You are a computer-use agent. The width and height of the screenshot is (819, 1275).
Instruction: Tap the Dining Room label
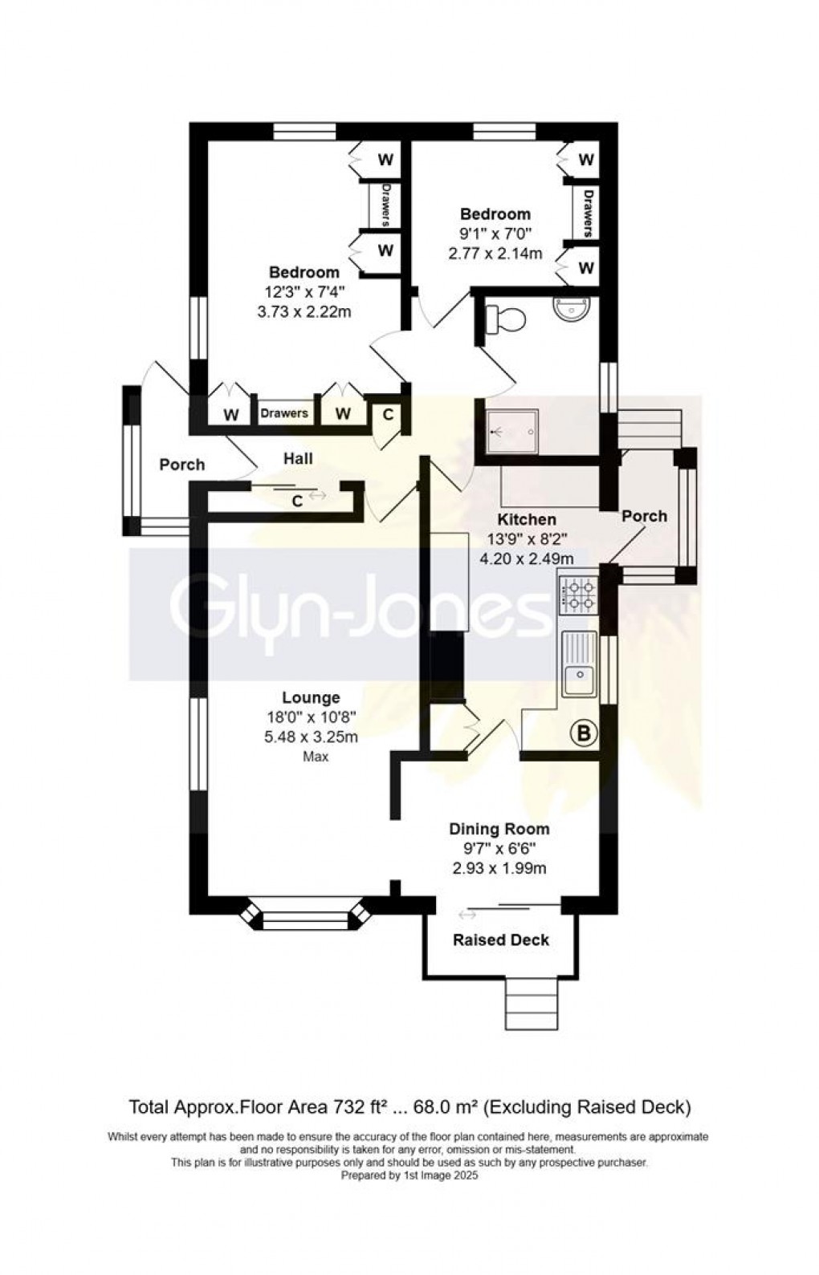pyautogui.click(x=499, y=829)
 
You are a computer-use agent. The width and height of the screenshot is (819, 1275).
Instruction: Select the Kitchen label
pyautogui.click(x=526, y=520)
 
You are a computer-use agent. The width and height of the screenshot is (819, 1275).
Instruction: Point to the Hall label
pyautogui.click(x=297, y=459)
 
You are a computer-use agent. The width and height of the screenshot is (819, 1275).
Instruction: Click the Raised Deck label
pyautogui.click(x=501, y=940)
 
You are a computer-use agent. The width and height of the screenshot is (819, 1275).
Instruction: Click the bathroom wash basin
pyautogui.click(x=572, y=308)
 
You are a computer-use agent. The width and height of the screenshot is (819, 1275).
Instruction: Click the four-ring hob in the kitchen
pyautogui.click(x=579, y=595)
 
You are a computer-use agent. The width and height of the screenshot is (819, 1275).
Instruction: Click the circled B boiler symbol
pyautogui.click(x=584, y=733)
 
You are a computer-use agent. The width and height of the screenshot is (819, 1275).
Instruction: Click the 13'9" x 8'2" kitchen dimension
pyautogui.click(x=526, y=539)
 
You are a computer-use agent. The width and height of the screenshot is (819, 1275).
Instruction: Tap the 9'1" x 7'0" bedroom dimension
pyautogui.click(x=495, y=233)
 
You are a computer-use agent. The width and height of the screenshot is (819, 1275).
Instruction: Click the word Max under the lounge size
pyautogui.click(x=315, y=757)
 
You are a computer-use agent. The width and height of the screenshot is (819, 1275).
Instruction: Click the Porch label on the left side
pyautogui.click(x=181, y=465)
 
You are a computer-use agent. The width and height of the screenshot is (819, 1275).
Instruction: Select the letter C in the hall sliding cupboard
pyautogui.click(x=296, y=501)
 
